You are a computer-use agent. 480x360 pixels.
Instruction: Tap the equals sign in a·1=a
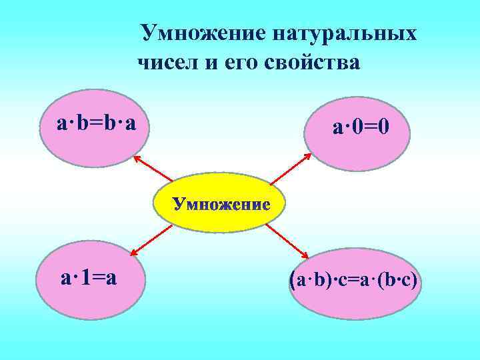click(x=99, y=277)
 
